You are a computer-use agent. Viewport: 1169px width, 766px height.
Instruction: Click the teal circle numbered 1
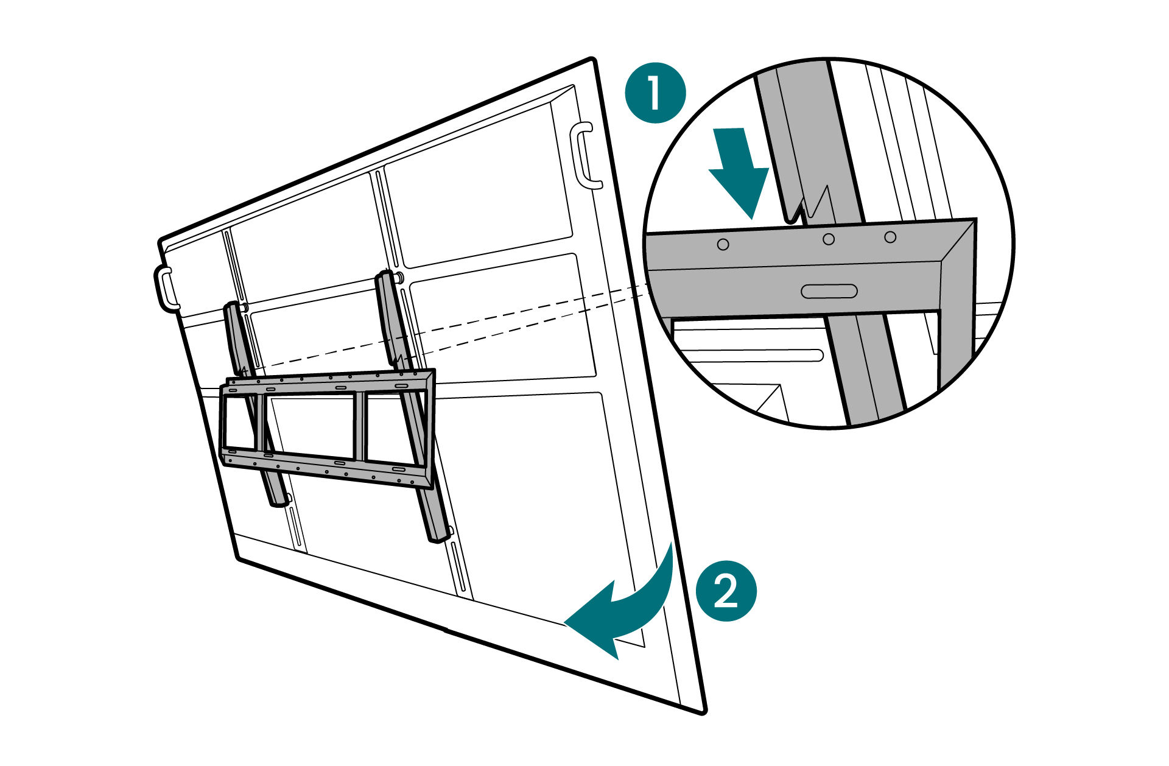656,93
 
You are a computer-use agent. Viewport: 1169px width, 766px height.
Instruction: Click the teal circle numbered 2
726,591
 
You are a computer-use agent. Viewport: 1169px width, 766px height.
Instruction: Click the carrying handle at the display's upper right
585,156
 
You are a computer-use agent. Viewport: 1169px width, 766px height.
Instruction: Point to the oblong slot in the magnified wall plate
829,291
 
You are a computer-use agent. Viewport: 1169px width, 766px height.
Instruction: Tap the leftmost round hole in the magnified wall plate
723,244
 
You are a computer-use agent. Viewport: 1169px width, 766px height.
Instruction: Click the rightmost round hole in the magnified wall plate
890,237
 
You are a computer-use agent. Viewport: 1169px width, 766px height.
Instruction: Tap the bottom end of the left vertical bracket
278,501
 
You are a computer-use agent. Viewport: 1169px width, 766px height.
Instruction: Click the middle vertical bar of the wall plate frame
360,426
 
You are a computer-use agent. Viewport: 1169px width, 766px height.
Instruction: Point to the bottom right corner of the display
703,710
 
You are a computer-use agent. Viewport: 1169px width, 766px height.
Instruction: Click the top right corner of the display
592,60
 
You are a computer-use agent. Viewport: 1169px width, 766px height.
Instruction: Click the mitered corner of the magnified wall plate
956,244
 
